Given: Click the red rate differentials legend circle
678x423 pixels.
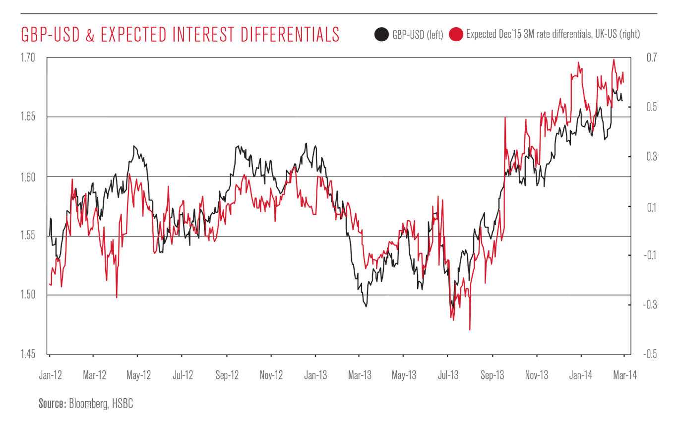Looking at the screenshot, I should pos(456,34).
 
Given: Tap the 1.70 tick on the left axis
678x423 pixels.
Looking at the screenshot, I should pos(30,58).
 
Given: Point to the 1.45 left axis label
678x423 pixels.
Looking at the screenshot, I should pos(30,354).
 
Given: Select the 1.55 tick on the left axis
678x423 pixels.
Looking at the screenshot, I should pos(30,236).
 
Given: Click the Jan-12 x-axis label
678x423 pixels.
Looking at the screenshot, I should pos(50,375).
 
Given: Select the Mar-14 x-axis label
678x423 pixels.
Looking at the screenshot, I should pos(623,375).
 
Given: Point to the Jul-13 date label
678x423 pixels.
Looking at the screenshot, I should pos(447,375).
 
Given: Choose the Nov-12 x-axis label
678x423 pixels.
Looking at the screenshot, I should pos(271,375).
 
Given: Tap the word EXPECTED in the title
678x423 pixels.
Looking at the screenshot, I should pos(124,35).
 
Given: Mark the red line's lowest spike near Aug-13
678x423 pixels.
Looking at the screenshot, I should pos(469,329).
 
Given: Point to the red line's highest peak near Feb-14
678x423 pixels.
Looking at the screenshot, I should pos(614,60).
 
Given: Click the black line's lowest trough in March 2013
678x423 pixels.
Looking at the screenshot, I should pos(366,306).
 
